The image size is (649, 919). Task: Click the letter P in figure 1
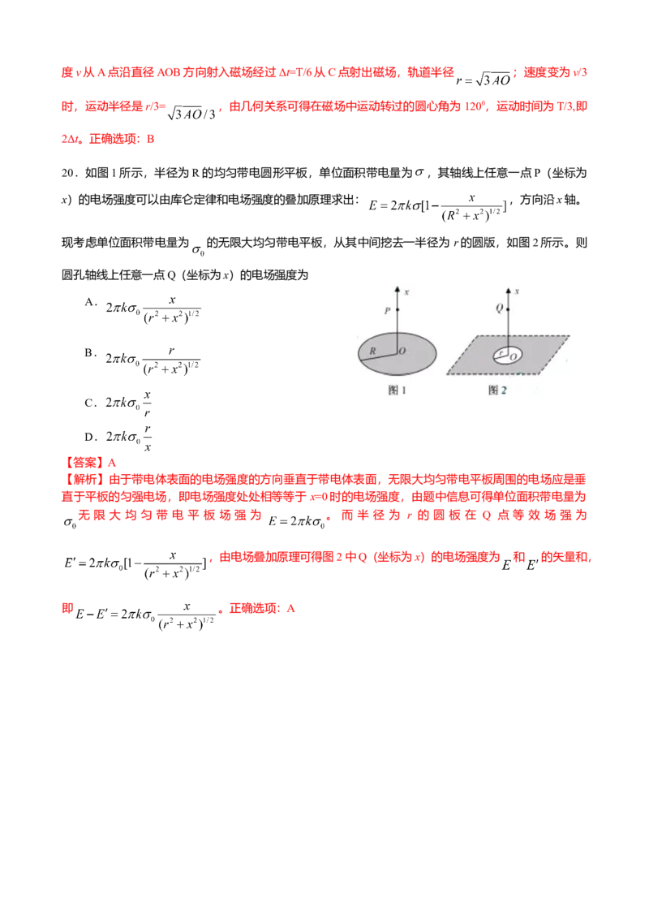tap(387, 310)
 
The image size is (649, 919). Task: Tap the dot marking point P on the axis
tap(397, 310)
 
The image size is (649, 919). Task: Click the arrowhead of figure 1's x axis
tap(397, 288)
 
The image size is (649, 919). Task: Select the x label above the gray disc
tap(404, 291)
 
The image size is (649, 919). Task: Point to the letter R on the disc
tap(372, 350)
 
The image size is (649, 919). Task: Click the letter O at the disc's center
tap(402, 350)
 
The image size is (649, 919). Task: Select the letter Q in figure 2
tap(499, 308)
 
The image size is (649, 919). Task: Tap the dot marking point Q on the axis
tap(509, 308)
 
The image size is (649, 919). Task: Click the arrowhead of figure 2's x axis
tap(509, 288)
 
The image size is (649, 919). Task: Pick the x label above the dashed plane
tap(517, 291)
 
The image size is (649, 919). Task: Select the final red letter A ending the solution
tap(281, 608)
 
